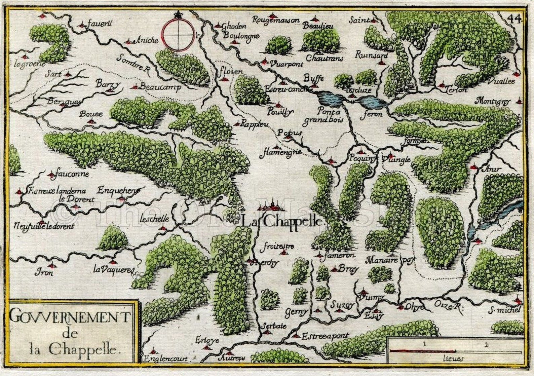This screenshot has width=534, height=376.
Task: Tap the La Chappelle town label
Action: point(282,221)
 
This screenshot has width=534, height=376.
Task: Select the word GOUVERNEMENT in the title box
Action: point(69,317)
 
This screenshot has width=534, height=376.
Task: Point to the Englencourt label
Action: point(165,359)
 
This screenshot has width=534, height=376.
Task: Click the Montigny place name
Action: point(493,101)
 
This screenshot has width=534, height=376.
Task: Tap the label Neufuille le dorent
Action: point(44,226)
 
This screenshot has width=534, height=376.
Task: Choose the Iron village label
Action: point(44,272)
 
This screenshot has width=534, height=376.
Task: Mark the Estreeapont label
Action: point(325,336)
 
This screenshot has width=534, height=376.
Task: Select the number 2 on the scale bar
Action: point(487,344)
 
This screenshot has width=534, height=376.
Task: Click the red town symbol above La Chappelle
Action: point(271,205)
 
